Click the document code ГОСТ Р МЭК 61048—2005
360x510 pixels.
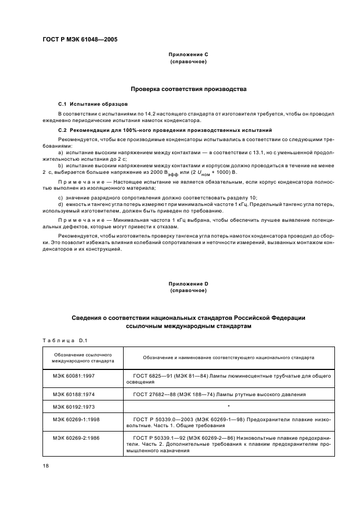coord(80,40)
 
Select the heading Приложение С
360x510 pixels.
coord(188,56)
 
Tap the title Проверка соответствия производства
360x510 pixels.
coord(188,88)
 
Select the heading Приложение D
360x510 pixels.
coord(188,284)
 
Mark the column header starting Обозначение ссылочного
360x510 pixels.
coord(82,358)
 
